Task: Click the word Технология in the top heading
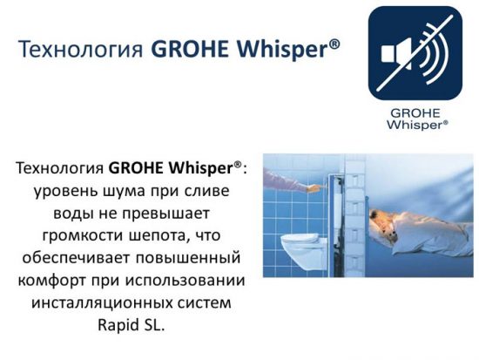click(x=80, y=49)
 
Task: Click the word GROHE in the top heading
click(x=190, y=48)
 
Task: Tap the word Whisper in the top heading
click(x=283, y=49)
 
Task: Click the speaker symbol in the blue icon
click(x=396, y=54)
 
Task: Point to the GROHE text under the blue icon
click(x=415, y=113)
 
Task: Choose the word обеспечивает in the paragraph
click(x=77, y=257)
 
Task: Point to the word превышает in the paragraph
click(x=165, y=214)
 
